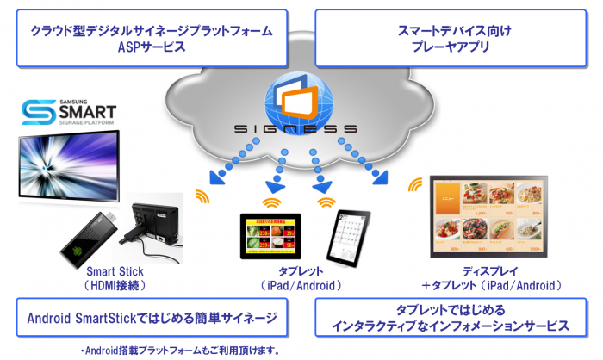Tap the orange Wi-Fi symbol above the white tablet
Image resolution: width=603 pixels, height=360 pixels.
pos(327,202)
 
